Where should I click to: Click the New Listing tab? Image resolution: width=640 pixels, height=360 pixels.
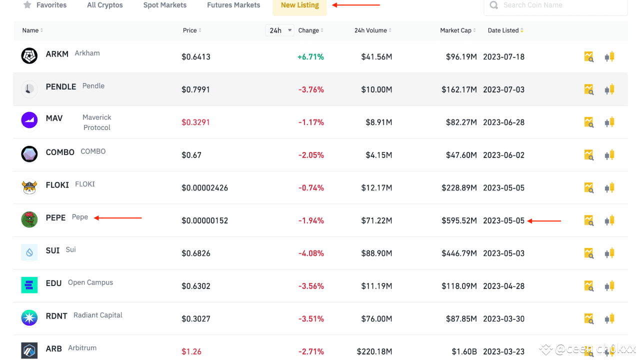pyautogui.click(x=299, y=5)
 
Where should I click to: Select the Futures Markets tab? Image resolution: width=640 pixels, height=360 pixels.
pyautogui.click(x=233, y=5)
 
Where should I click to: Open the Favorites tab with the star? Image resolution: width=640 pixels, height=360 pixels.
pyautogui.click(x=45, y=5)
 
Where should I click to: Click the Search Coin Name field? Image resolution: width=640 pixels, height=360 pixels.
pyautogui.click(x=555, y=5)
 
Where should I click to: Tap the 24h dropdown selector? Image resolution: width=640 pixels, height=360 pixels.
pyautogui.click(x=279, y=30)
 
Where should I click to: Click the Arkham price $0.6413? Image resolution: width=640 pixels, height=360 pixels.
pyautogui.click(x=196, y=57)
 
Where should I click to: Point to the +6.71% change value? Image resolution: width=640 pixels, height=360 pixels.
pyautogui.click(x=310, y=57)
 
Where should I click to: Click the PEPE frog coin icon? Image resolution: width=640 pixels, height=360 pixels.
pyautogui.click(x=29, y=219)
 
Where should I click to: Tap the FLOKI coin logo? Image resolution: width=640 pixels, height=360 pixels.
pyautogui.click(x=29, y=187)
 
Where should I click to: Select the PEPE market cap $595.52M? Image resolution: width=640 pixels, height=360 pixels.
pyautogui.click(x=459, y=220)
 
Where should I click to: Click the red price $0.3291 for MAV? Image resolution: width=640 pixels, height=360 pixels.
pyautogui.click(x=196, y=122)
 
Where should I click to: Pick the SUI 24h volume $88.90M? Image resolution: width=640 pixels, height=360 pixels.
pyautogui.click(x=376, y=253)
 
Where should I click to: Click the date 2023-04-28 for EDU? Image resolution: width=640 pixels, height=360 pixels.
pyautogui.click(x=503, y=286)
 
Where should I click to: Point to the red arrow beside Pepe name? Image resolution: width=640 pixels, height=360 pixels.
pyautogui.click(x=118, y=218)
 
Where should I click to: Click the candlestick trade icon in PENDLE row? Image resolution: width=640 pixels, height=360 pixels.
pyautogui.click(x=609, y=90)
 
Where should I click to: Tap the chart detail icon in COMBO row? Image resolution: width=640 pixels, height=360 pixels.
pyautogui.click(x=589, y=155)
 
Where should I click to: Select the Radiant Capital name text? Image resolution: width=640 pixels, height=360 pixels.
pyautogui.click(x=98, y=315)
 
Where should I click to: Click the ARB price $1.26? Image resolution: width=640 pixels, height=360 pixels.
pyautogui.click(x=191, y=351)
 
